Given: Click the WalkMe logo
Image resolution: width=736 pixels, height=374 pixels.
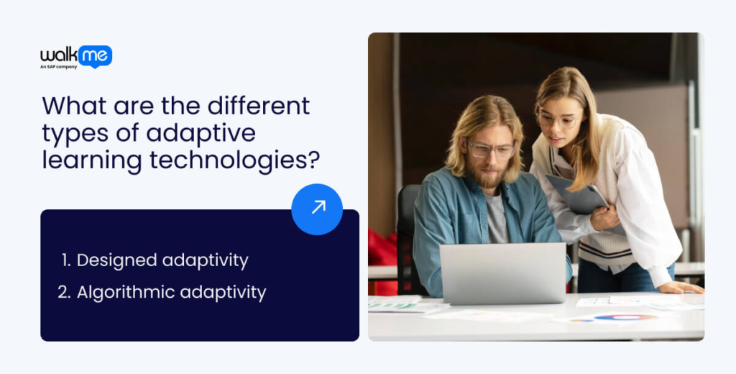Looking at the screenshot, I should [x=75, y=55].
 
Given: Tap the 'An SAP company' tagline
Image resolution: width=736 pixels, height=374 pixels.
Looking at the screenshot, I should [x=59, y=67].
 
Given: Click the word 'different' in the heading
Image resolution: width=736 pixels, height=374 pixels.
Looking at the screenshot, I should [x=258, y=106].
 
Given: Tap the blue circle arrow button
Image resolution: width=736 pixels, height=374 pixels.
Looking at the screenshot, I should [x=317, y=209].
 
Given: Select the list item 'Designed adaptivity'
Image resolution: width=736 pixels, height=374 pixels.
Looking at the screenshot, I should [x=155, y=260].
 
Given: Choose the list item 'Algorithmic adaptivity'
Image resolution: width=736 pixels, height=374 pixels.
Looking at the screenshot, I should [x=163, y=292].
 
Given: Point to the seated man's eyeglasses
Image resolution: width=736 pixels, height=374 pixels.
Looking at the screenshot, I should [x=491, y=150].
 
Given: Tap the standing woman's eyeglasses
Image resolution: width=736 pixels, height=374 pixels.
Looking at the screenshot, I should [x=558, y=119].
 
